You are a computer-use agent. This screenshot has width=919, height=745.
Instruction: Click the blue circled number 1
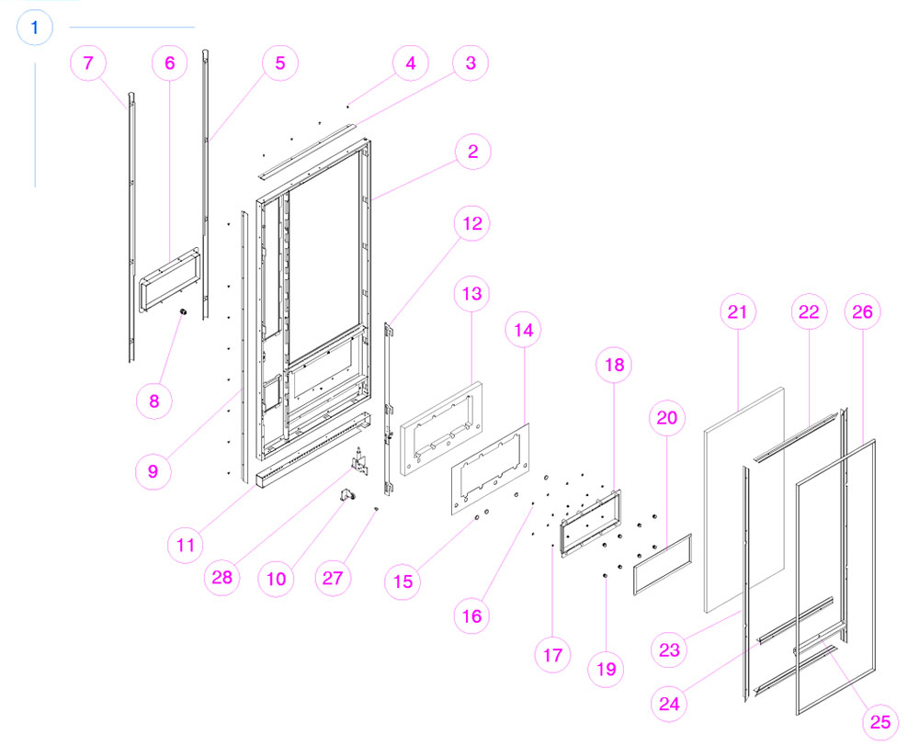tap(35, 28)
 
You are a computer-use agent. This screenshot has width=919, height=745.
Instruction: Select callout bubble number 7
tap(88, 63)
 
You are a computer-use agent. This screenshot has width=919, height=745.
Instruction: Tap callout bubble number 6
tap(169, 63)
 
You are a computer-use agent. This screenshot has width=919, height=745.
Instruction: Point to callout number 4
tap(411, 63)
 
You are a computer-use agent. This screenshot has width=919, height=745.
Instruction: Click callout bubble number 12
tap(472, 223)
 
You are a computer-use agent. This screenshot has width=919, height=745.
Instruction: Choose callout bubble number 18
tap(614, 365)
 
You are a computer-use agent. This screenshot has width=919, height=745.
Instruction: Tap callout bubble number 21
tap(736, 312)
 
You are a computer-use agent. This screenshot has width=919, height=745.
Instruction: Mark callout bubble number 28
tap(223, 579)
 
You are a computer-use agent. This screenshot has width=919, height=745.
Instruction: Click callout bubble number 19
tap(606, 669)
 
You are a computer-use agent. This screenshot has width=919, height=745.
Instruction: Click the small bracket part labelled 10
tap(350, 496)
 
